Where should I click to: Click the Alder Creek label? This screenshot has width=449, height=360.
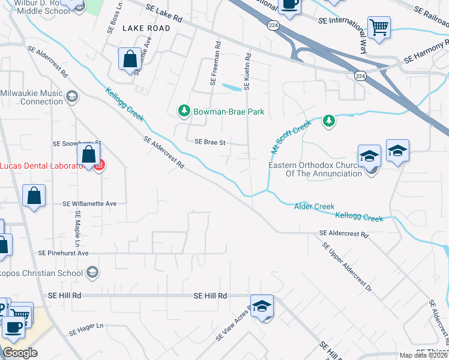(314, 206)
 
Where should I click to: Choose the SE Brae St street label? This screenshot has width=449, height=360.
(209, 142)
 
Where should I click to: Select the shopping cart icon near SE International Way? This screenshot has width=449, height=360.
(379, 27)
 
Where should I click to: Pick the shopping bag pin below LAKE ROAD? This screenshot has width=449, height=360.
(130, 59)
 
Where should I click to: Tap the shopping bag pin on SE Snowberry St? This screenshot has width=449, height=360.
(89, 155)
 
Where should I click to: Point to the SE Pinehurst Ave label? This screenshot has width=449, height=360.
(62, 253)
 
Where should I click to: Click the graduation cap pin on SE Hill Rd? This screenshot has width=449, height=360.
(262, 306)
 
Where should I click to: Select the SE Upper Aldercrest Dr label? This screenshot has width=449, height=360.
(347, 266)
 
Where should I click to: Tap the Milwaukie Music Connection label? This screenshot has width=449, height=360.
(33, 97)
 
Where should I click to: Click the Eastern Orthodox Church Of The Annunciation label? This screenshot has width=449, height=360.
(315, 169)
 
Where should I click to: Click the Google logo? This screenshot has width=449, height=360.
(20, 353)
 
